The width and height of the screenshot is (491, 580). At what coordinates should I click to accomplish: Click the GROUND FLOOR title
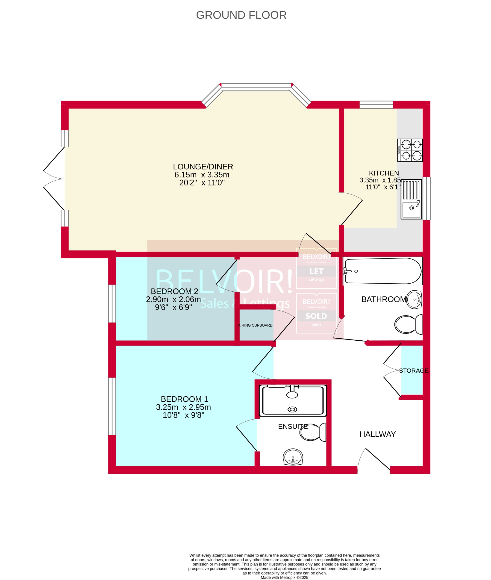(241, 15)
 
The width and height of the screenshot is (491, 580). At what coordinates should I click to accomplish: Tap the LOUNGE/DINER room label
(203, 167)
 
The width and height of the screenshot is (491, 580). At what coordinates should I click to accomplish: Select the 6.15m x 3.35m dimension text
(202, 175)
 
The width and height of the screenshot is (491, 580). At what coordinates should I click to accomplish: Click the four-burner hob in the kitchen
(410, 150)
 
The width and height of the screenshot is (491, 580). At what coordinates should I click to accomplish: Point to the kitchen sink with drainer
(411, 199)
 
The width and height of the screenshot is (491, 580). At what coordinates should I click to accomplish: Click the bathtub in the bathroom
(383, 271)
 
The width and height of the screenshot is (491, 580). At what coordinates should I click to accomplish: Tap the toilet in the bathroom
(408, 325)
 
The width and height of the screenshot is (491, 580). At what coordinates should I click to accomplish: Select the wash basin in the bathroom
(414, 299)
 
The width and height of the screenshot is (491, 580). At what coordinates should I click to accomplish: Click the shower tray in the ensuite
(293, 400)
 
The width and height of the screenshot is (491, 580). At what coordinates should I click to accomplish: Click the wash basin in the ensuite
(293, 457)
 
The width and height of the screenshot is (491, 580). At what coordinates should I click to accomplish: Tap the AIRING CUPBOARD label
(255, 325)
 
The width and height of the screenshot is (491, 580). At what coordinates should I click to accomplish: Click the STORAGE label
(414, 371)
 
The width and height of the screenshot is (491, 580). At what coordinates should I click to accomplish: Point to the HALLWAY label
(377, 434)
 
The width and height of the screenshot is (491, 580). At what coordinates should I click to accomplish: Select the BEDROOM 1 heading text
(184, 399)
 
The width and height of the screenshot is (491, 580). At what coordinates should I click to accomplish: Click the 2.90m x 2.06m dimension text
(173, 299)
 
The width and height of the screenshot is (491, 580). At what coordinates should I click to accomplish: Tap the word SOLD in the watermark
(316, 316)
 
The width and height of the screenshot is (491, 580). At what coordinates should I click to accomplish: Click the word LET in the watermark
(316, 271)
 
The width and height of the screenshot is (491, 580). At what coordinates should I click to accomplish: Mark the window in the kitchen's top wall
(376, 104)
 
